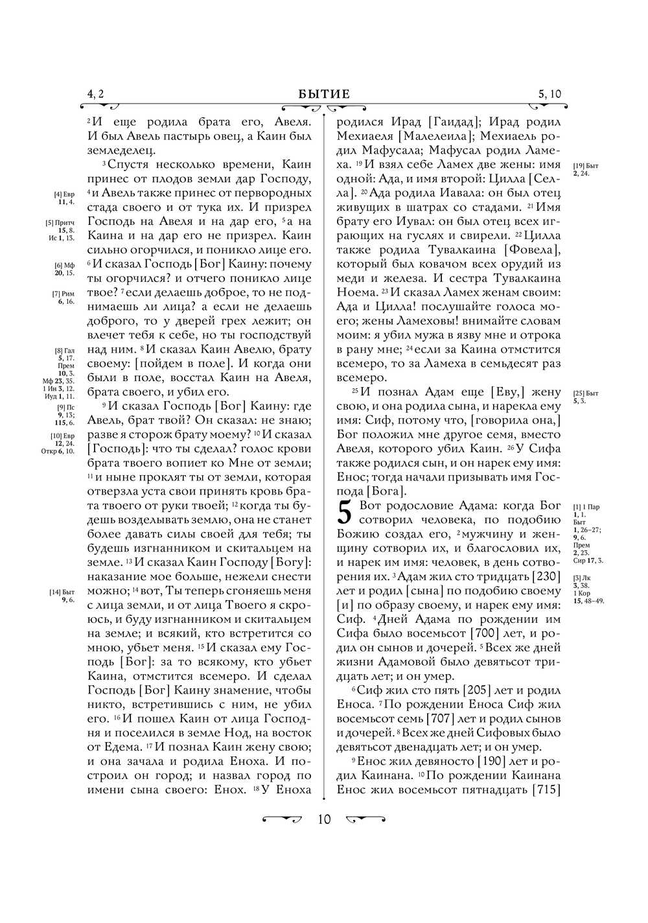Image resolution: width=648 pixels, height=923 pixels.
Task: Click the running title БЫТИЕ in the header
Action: (324, 95)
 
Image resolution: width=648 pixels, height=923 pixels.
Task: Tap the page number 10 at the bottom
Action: (324, 819)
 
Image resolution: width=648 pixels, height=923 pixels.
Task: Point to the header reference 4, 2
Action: (95, 95)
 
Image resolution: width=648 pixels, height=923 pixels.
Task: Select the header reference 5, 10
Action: (550, 95)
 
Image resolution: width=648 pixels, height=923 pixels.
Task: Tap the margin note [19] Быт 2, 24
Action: (586, 169)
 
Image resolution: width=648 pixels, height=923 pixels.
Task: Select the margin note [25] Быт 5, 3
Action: (586, 397)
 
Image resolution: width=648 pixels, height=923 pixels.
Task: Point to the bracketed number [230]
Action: (546, 576)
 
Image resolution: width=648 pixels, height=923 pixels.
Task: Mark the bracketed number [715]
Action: (546, 789)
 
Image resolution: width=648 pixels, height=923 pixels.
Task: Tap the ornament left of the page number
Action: (283, 819)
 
